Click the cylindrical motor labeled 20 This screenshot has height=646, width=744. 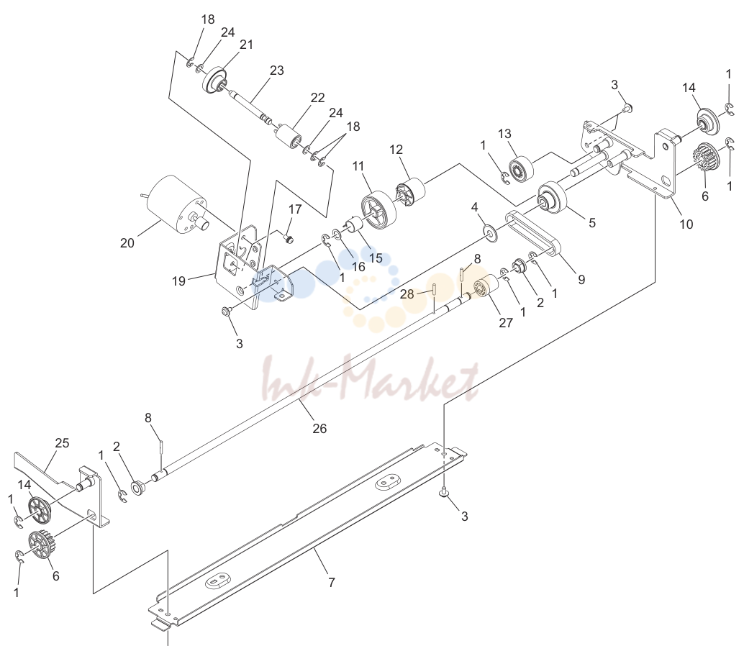pos(175,205)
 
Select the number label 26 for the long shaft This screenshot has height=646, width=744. pos(319,428)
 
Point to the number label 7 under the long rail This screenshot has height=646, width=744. pos(331,582)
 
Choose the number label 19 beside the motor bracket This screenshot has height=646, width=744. pos(178,281)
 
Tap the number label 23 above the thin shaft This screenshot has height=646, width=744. pos(276,70)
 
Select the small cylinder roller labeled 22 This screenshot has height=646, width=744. pos(288,136)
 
